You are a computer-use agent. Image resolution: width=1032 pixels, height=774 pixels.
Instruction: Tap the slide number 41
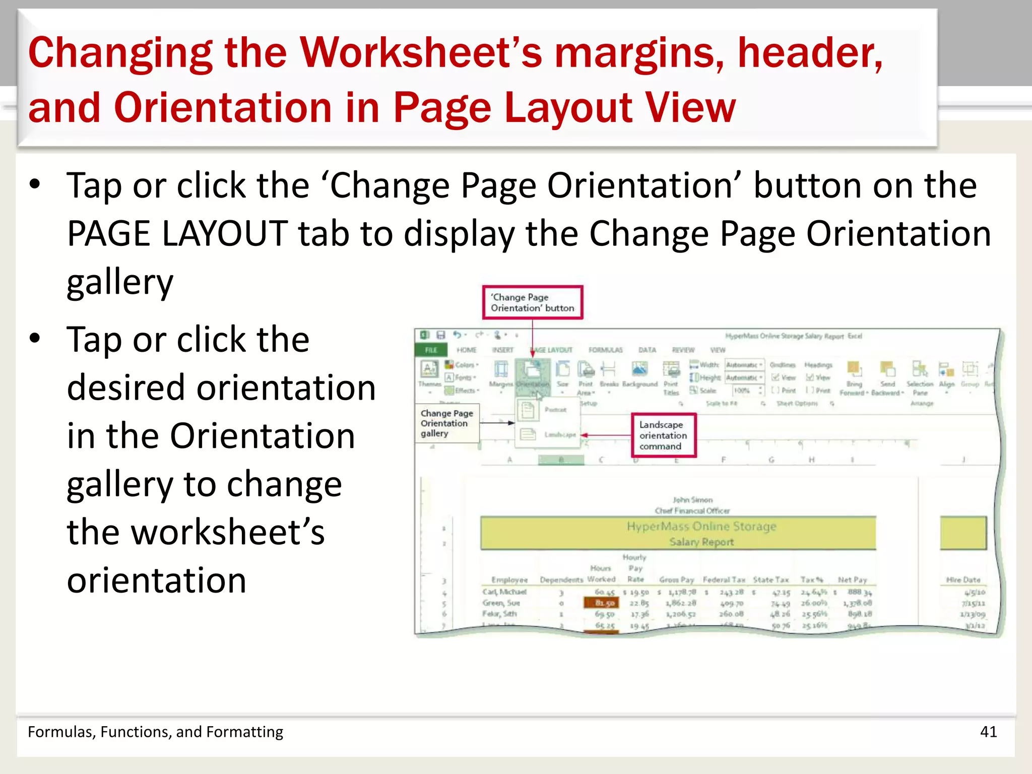988,732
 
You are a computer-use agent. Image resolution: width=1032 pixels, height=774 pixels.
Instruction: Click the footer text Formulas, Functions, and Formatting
155,732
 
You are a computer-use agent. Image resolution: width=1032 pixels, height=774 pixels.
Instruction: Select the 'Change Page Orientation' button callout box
532,302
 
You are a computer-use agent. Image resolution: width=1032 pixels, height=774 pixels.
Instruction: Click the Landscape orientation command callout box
664,435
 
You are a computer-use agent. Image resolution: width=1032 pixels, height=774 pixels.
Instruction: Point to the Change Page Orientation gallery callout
446,423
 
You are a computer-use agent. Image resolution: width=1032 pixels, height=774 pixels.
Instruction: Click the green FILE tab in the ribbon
431,350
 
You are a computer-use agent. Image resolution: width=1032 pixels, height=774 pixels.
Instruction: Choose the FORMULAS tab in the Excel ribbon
605,350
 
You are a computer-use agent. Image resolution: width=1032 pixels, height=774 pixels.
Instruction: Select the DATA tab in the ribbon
647,350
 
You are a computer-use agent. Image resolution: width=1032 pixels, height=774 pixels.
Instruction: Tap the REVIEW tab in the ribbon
683,350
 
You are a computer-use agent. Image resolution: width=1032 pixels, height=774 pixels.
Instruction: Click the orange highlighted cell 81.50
604,603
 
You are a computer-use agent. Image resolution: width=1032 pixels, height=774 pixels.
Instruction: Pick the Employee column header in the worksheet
509,580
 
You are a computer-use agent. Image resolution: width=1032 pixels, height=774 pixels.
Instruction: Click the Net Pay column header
852,580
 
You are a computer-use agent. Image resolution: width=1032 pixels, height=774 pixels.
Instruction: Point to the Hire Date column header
963,580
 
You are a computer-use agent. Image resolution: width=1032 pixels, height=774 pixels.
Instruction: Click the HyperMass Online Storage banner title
701,527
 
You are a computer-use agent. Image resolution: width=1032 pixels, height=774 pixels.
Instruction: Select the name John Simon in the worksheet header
692,500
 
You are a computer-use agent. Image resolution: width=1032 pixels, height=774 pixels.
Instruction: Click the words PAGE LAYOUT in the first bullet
177,234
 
